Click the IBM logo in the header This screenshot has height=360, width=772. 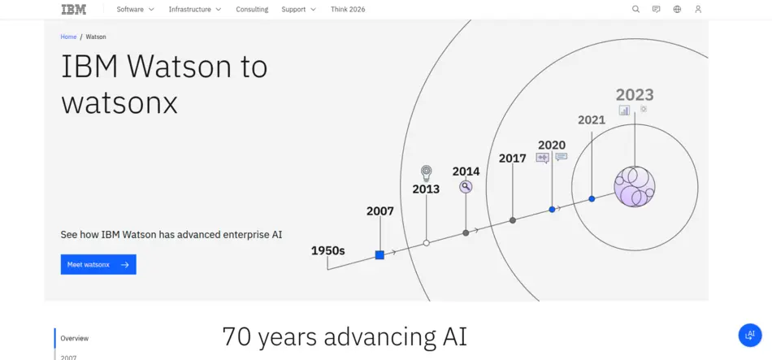tap(73, 10)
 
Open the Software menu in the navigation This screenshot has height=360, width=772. tap(135, 10)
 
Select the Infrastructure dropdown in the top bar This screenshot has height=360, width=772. tap(195, 10)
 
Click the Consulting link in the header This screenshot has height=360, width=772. tap(252, 10)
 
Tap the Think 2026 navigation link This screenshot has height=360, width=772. tap(348, 10)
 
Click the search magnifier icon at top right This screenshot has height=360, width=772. tap(636, 10)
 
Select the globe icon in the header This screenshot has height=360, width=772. tap(677, 10)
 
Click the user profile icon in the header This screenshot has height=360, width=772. tap(698, 10)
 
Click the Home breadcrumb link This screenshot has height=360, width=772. tap(68, 37)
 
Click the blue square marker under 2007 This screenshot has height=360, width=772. tap(379, 255)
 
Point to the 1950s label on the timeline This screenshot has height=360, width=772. tap(327, 250)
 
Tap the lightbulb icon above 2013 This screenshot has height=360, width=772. tap(426, 172)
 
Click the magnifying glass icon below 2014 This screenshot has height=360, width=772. tap(466, 187)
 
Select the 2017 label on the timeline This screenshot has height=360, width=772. tap(512, 158)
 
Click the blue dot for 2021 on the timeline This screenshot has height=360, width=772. tap(592, 199)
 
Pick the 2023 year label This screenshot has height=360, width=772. tap(634, 95)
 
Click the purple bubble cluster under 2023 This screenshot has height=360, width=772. tap(634, 187)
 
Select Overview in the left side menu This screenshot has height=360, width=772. tap(75, 338)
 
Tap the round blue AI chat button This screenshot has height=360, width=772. tap(749, 335)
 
